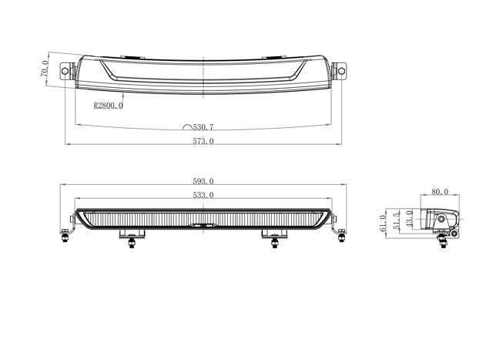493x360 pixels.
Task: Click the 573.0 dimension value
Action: coord(203,141)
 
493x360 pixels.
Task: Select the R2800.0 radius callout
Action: coord(107,105)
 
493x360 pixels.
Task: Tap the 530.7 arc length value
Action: coord(204,126)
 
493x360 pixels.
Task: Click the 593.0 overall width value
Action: coord(203,181)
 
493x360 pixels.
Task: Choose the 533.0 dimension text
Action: coord(203,196)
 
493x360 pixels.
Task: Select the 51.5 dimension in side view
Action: coord(397,220)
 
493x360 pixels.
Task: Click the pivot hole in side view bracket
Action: coord(443,221)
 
